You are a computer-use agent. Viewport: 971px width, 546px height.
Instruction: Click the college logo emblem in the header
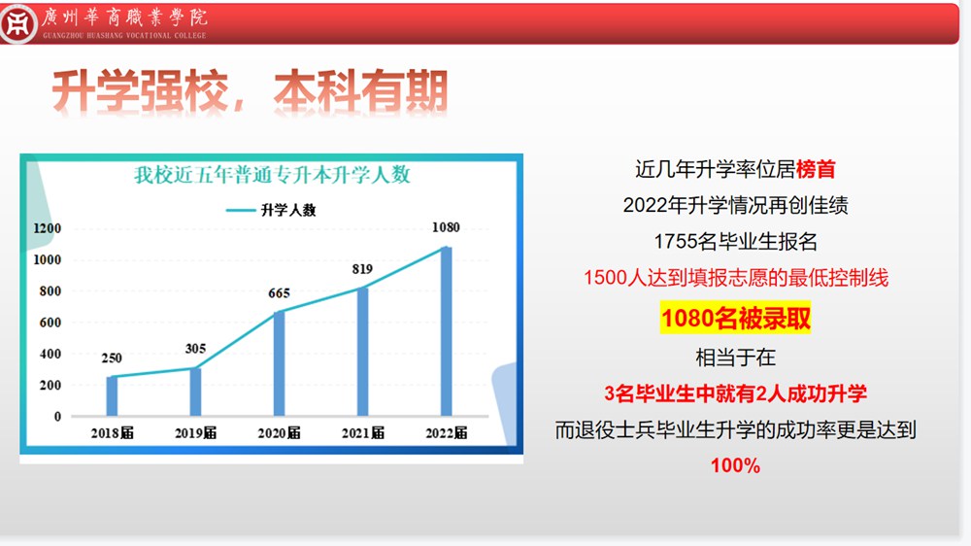(x=18, y=24)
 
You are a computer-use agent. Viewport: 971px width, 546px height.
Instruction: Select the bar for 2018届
(x=112, y=396)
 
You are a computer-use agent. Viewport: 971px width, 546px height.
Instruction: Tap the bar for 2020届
(x=280, y=363)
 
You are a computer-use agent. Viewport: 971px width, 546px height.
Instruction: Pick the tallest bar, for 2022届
(x=447, y=331)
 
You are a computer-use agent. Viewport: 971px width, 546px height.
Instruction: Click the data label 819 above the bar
(x=362, y=269)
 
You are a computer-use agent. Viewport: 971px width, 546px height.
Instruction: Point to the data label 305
(x=195, y=349)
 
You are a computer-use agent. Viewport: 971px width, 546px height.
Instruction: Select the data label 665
(x=279, y=293)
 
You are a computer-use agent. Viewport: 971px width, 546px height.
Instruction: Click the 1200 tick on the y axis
(x=47, y=228)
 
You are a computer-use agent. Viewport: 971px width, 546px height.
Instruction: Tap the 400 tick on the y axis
(x=50, y=354)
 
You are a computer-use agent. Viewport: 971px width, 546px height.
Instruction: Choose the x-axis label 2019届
(x=196, y=432)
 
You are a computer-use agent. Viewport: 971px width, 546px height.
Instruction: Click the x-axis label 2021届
(x=363, y=432)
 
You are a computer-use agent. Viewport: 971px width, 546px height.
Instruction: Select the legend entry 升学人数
(x=271, y=210)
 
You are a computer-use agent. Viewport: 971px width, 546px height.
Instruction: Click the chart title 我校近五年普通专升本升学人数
(x=273, y=175)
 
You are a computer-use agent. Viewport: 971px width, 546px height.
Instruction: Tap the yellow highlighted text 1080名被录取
(x=736, y=319)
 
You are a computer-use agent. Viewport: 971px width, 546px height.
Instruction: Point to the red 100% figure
(x=735, y=465)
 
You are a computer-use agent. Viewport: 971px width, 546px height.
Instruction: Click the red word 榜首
(x=817, y=169)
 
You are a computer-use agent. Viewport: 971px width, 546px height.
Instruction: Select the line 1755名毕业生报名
(x=736, y=241)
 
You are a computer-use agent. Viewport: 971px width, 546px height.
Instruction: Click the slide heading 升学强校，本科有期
(x=250, y=91)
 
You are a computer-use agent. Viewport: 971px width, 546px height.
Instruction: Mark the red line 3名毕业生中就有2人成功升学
(x=736, y=392)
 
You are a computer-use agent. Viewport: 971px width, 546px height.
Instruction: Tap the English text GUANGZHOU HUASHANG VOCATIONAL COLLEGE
(x=124, y=36)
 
